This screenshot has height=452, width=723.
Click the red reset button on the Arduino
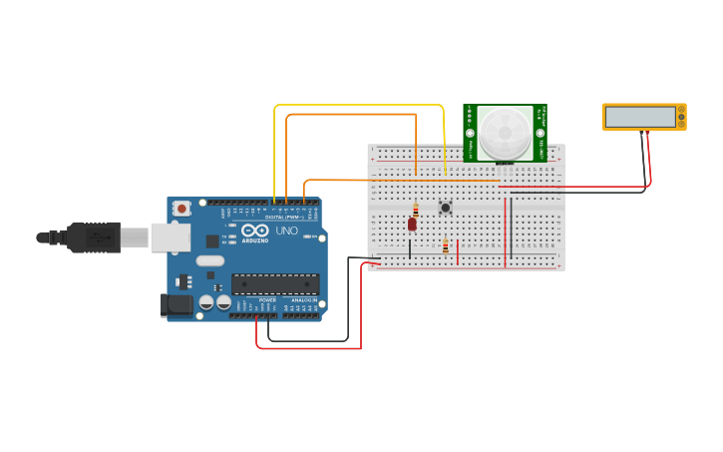click(x=181, y=209)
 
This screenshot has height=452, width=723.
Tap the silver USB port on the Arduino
click(x=170, y=237)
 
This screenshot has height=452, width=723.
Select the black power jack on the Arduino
click(x=177, y=305)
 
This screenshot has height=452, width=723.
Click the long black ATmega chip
click(x=275, y=283)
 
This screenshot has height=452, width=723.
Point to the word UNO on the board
click(x=286, y=230)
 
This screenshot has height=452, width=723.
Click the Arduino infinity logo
click(x=255, y=230)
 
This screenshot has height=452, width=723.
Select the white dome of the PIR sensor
click(x=505, y=133)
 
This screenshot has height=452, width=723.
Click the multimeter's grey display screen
click(x=639, y=117)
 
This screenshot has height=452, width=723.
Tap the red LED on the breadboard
click(x=412, y=225)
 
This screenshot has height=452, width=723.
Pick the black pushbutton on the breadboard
click(x=445, y=208)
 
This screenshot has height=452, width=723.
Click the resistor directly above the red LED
click(x=416, y=209)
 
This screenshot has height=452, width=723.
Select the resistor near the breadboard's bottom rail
click(x=445, y=246)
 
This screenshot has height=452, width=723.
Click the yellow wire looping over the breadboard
click(x=359, y=105)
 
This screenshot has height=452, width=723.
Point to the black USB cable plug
click(x=95, y=237)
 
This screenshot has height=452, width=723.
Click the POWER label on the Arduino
click(x=267, y=299)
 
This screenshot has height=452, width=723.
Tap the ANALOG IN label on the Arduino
click(x=303, y=299)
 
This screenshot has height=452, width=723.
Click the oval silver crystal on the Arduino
click(x=210, y=261)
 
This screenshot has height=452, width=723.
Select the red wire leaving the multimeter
click(x=649, y=160)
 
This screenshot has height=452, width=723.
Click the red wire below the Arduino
click(x=309, y=348)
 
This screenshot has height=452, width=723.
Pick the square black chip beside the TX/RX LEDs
click(x=212, y=240)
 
